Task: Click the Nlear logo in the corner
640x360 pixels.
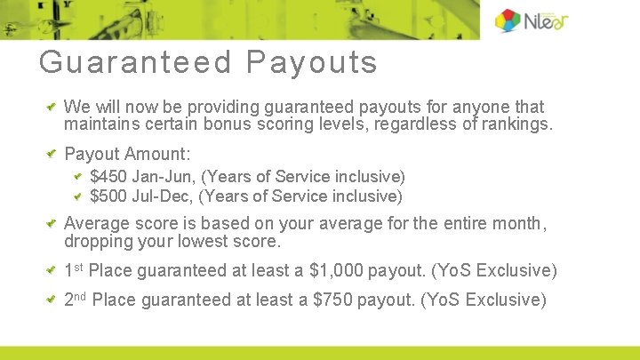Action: click(532, 20)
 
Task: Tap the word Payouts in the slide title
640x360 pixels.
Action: click(312, 63)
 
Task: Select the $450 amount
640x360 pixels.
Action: click(108, 177)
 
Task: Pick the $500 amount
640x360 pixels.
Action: click(108, 196)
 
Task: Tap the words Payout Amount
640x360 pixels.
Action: click(127, 154)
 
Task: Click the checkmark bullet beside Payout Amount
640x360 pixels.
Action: click(52, 154)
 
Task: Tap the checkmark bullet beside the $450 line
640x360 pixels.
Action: click(78, 177)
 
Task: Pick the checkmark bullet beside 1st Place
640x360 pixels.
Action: click(52, 270)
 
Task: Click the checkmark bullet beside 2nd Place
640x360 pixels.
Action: click(52, 300)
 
